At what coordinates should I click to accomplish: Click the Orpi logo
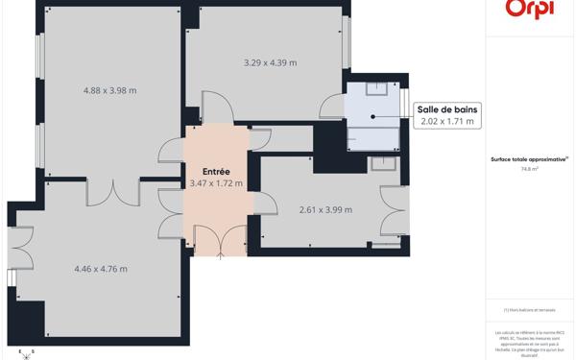tap(530, 9)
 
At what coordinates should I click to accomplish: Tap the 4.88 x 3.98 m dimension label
tap(110, 90)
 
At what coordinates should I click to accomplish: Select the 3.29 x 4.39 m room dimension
tap(270, 62)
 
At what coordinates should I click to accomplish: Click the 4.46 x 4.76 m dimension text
tap(101, 269)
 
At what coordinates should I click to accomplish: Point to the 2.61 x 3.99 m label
tap(325, 209)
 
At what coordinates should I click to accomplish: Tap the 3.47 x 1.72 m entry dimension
tap(216, 183)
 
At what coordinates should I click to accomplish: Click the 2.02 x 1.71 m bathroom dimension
tap(447, 122)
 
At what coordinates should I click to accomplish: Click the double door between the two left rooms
tap(113, 191)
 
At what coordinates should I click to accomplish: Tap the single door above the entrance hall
tap(217, 108)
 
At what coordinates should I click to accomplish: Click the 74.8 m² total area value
tap(529, 168)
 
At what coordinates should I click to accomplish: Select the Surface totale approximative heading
tap(529, 158)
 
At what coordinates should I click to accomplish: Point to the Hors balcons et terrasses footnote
tap(529, 310)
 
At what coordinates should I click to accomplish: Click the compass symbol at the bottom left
tap(26, 353)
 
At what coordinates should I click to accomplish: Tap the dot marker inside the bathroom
tap(372, 117)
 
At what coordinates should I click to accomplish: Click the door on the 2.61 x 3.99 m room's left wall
tap(265, 204)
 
